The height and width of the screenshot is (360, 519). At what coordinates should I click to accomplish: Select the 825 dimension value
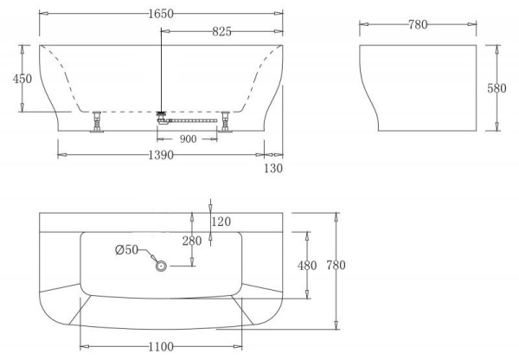pos(221,31)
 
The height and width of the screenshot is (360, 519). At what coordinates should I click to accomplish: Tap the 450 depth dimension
pos(22,78)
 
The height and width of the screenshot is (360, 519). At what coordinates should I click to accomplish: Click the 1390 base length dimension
pos(161,155)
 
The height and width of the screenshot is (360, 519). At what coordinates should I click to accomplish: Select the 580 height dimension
pos(507,88)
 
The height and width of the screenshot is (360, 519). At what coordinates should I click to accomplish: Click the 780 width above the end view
pos(418,24)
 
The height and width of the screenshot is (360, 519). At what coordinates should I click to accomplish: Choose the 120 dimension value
pos(221,222)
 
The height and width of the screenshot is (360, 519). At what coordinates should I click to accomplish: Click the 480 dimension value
pos(307,265)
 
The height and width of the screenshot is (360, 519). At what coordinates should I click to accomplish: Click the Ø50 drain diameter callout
pos(126,251)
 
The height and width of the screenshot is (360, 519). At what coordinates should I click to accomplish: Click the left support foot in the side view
pos(96,121)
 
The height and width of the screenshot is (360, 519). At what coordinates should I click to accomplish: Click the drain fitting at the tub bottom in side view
pos(161,113)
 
